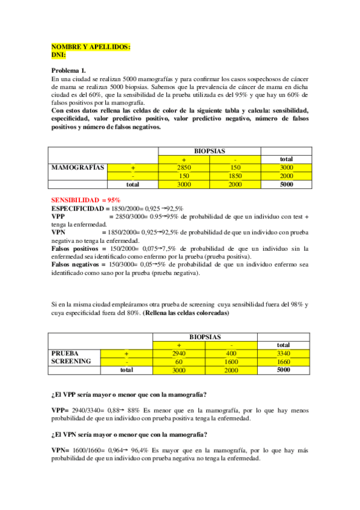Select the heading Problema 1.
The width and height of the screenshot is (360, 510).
69,70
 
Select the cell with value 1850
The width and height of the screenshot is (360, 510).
235,176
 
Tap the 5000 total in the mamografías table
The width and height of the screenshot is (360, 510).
285,184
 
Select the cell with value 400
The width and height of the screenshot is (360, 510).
235,354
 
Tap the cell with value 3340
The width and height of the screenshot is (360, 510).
285,354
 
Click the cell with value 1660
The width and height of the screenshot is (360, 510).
285,362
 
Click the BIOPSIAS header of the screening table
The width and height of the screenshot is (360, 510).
205,337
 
